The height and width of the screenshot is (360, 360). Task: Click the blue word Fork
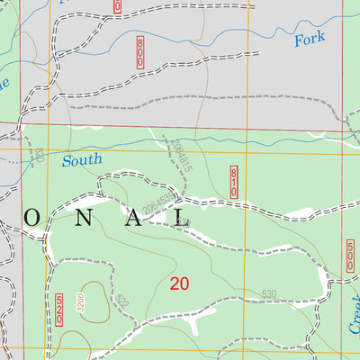pos(309,40)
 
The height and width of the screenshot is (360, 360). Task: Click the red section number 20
pos(179,283)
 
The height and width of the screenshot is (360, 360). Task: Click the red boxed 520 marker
pos(59,307)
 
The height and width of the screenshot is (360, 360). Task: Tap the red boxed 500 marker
pos(350,255)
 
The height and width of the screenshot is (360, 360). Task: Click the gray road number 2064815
pos(181,153)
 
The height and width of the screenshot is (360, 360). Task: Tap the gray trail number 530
pos(268,294)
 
